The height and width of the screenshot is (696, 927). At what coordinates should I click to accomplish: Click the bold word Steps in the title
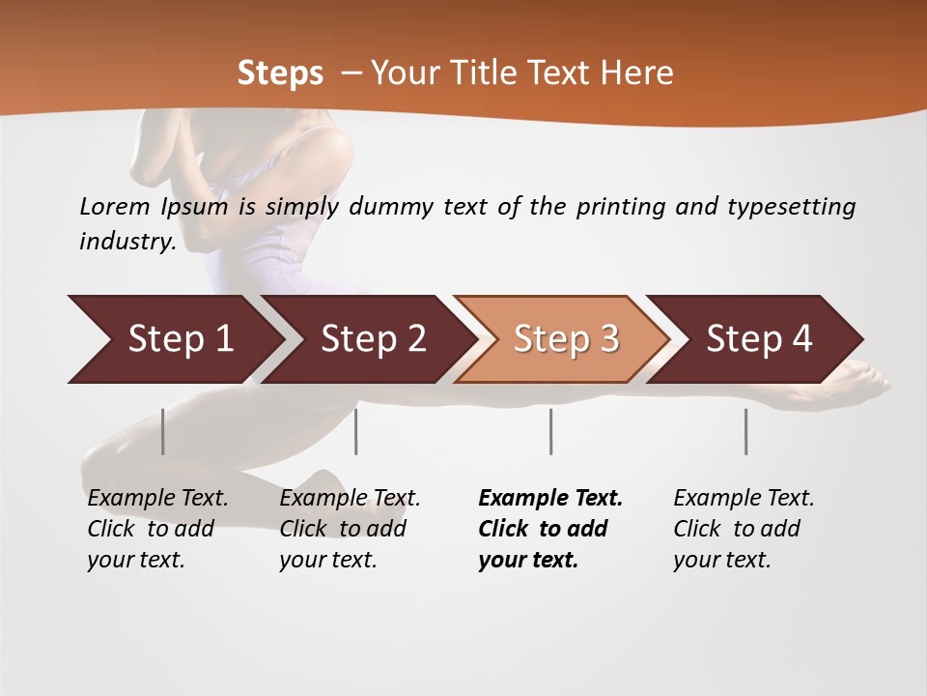click(x=280, y=73)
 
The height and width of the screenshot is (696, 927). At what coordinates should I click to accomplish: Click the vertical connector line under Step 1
click(x=163, y=431)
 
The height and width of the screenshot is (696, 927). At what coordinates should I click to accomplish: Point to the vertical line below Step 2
click(x=356, y=431)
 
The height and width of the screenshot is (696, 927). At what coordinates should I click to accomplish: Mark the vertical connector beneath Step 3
click(x=550, y=431)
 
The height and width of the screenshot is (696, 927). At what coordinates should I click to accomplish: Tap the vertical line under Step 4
click(x=745, y=431)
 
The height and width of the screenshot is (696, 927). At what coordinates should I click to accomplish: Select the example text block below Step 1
click(x=157, y=528)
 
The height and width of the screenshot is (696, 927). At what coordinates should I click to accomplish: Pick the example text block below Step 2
click(x=350, y=528)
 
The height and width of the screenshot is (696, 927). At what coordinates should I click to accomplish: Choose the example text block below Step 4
click(x=744, y=528)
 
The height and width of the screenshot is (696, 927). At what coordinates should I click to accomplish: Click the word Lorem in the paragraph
click(x=115, y=207)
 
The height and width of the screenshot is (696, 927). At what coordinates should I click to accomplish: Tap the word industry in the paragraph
click(x=126, y=242)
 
